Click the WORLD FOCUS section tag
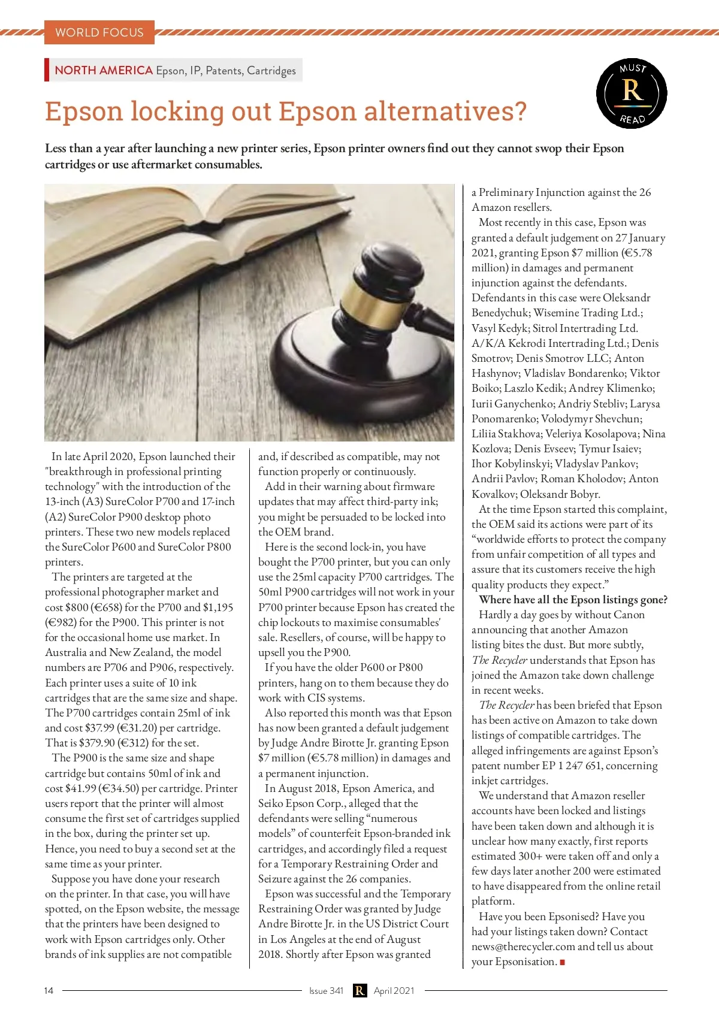point(99,32)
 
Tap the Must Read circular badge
point(632,93)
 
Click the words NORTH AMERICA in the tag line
point(104,70)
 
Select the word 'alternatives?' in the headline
point(446,111)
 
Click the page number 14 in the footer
point(49,990)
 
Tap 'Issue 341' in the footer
point(326,990)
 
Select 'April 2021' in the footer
point(394,990)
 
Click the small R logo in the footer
point(359,990)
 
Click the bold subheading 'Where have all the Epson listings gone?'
point(573,600)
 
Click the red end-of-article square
point(563,962)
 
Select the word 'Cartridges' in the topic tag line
point(271,71)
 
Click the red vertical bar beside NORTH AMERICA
point(47,69)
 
